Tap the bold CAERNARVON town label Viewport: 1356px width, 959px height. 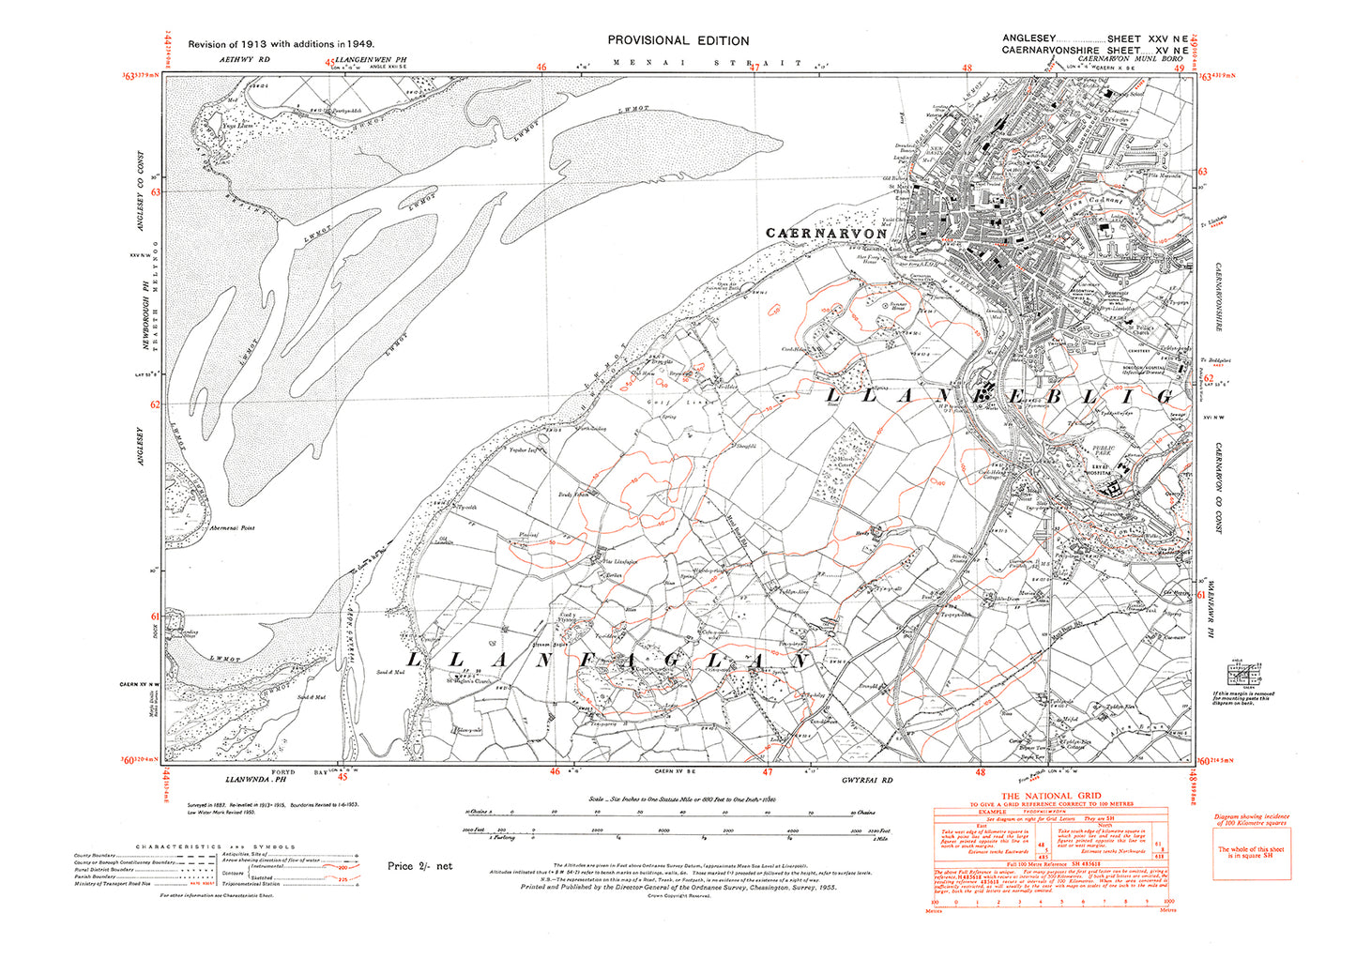(825, 233)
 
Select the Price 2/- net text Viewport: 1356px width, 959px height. (419, 865)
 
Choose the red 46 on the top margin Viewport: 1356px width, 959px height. (541, 66)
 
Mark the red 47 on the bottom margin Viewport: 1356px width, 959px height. (768, 773)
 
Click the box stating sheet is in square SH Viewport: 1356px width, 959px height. (1250, 852)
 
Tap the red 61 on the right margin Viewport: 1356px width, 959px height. (1202, 594)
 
